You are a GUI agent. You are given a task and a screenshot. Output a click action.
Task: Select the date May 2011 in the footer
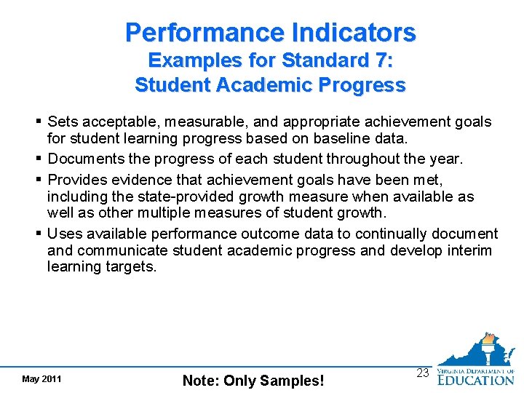coord(41,379)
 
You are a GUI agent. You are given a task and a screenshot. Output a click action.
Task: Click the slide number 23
coord(422,372)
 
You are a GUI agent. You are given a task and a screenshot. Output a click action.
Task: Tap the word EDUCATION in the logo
coord(475,378)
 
